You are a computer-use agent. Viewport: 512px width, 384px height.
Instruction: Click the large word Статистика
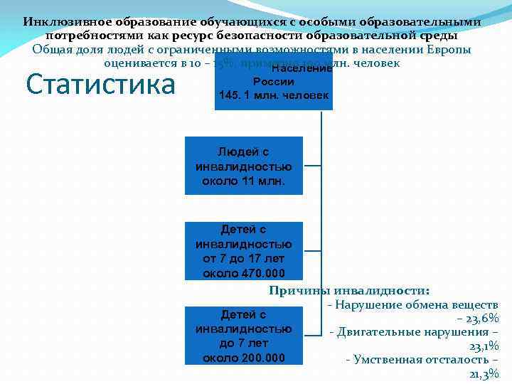(100, 84)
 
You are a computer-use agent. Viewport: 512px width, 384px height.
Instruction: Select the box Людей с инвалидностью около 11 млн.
(243, 166)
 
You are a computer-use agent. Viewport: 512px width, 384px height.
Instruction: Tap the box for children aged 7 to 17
(243, 251)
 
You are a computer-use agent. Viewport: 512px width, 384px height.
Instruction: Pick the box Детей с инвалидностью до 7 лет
(243, 336)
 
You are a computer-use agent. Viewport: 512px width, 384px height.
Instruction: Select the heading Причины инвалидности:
(348, 290)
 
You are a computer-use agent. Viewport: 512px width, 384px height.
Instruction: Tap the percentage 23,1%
(484, 346)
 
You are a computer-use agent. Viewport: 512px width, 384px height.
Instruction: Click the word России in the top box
(274, 82)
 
